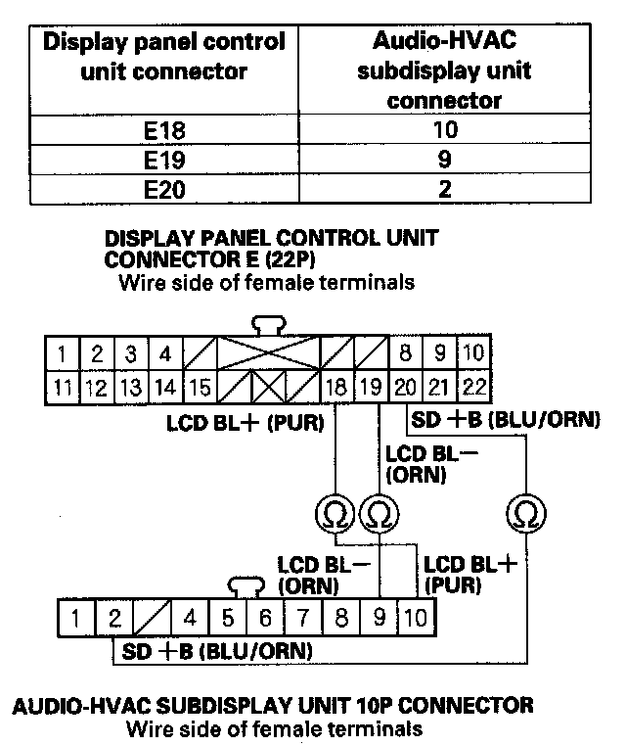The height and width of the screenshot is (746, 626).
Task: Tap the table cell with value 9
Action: pyautogui.click(x=444, y=160)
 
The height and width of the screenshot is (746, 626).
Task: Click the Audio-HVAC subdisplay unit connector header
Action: pyautogui.click(x=444, y=70)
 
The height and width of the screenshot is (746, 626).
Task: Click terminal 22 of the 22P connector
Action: pyautogui.click(x=474, y=387)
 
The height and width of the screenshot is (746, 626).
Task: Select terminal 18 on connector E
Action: pyautogui.click(x=335, y=387)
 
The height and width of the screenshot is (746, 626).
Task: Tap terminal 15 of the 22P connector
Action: pyautogui.click(x=200, y=387)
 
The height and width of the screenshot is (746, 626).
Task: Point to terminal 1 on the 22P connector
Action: pyautogui.click(x=62, y=351)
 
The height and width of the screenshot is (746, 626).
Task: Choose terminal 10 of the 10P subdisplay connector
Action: pyautogui.click(x=415, y=619)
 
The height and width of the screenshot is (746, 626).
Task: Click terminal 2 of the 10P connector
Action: pyautogui.click(x=113, y=619)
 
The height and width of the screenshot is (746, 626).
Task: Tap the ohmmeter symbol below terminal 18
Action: pyautogui.click(x=335, y=511)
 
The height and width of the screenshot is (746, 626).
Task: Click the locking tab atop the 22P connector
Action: pyautogui.click(x=265, y=325)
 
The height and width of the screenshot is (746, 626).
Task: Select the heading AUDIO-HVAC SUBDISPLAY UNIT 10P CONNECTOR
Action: pyautogui.click(x=271, y=705)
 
